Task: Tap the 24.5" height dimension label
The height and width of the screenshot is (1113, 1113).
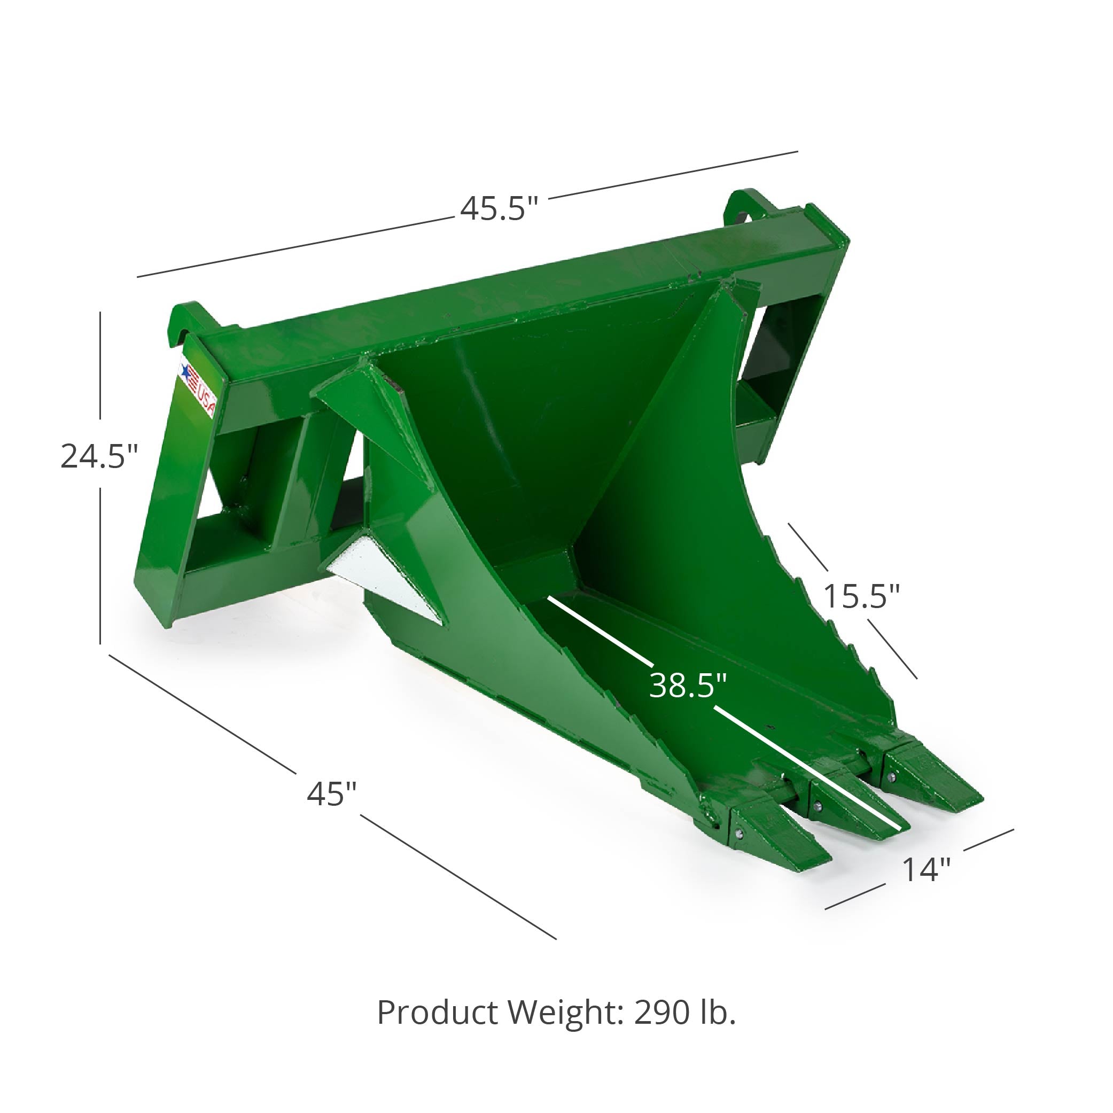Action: click(x=100, y=456)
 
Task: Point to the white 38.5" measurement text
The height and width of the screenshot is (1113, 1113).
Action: click(x=688, y=686)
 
